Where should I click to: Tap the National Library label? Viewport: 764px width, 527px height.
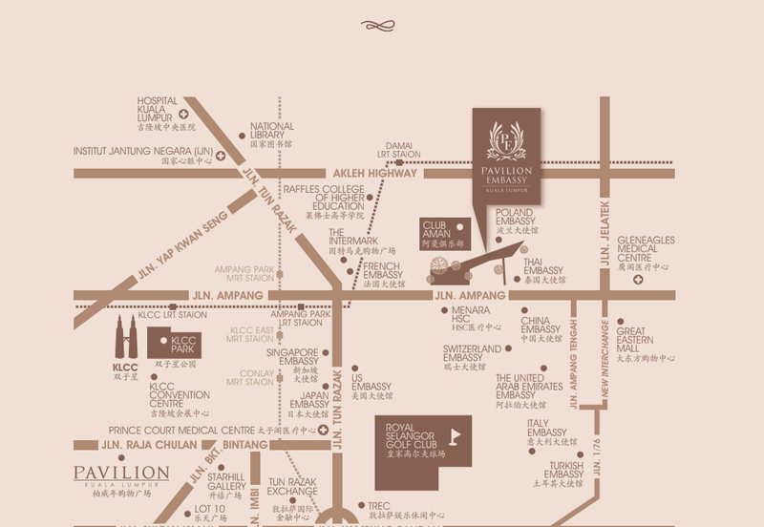coord(272,134)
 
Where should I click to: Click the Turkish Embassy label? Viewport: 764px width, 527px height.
coord(563,474)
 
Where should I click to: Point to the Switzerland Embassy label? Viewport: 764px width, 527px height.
coord(472,355)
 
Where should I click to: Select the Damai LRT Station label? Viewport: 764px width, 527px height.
coord(398,149)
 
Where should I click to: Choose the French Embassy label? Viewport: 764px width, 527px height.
coord(383,273)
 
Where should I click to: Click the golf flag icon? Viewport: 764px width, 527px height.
coord(455,438)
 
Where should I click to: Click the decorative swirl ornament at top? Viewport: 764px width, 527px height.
coord(381,25)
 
